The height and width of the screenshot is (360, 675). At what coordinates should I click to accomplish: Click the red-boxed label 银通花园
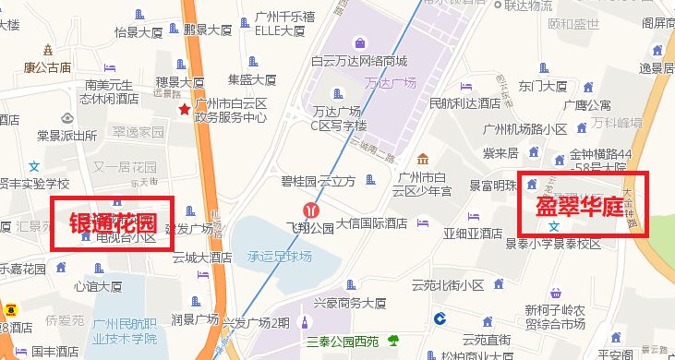(x=111, y=222)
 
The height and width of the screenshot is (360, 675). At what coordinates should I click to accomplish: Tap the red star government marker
(x=185, y=109)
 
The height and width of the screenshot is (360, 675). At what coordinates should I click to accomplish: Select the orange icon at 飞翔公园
(x=313, y=210)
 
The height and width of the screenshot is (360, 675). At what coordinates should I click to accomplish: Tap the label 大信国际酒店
(x=372, y=223)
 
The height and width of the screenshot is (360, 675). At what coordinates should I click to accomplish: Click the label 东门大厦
(x=542, y=86)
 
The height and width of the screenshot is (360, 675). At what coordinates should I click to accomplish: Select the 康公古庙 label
(x=48, y=66)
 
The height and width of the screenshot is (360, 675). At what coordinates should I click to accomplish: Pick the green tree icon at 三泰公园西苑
(x=395, y=339)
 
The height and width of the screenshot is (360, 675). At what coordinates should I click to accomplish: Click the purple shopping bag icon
(x=358, y=42)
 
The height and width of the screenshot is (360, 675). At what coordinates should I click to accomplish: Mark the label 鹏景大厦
(x=207, y=30)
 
